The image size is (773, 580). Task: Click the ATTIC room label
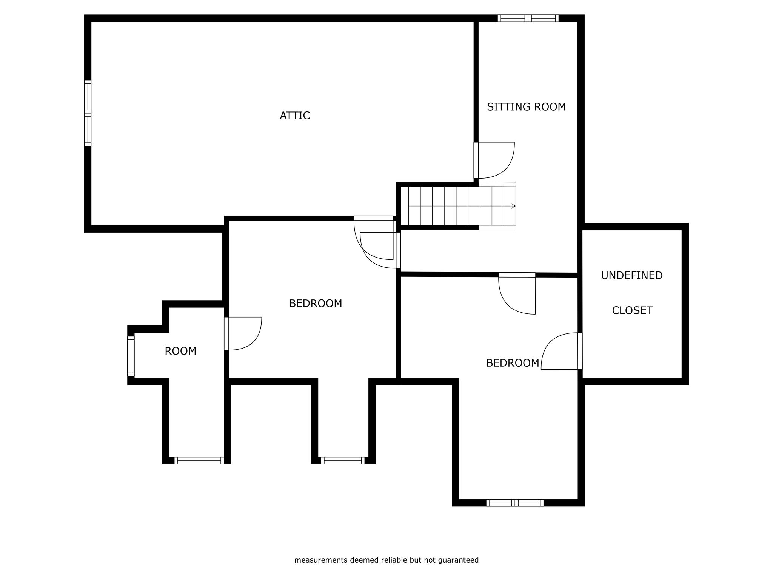(295, 116)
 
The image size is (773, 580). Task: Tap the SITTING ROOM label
(526, 107)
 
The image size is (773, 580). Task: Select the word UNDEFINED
(631, 276)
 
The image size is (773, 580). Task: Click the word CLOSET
(632, 310)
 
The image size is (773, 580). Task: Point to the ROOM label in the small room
(180, 351)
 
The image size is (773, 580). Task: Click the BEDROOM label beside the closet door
(513, 363)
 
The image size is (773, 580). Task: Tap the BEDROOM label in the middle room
(316, 304)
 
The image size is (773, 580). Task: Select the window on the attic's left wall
(88, 113)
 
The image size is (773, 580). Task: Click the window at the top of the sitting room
(528, 18)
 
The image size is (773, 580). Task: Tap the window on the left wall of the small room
(131, 356)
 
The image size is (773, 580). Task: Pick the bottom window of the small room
(199, 460)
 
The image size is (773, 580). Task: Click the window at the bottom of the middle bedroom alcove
(343, 460)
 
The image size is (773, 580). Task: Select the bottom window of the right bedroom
(515, 503)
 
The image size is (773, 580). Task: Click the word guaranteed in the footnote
(458, 560)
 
